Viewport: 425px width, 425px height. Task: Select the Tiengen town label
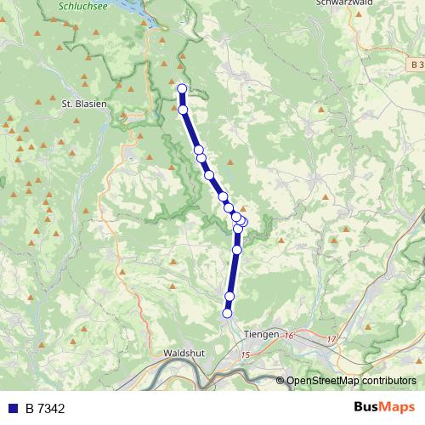[x=260, y=334]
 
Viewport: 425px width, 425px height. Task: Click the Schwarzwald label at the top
[x=345, y=3]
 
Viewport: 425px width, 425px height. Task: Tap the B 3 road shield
[x=415, y=65]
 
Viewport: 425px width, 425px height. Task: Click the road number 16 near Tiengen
[x=289, y=337]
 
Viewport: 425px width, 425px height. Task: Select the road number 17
[x=332, y=340]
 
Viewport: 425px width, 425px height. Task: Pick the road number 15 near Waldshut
[x=246, y=354]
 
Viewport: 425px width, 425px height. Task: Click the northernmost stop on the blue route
[x=181, y=88]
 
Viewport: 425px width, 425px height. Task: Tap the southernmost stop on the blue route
[x=227, y=313]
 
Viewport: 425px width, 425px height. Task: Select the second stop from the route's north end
[x=183, y=110]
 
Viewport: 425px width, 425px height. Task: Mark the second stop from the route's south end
[x=229, y=296]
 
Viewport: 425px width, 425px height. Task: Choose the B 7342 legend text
[x=45, y=409]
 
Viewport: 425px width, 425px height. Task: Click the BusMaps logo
[x=384, y=408]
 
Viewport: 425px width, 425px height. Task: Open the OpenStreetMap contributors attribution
[x=351, y=380]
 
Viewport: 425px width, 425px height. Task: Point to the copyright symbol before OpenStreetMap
[x=280, y=380]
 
